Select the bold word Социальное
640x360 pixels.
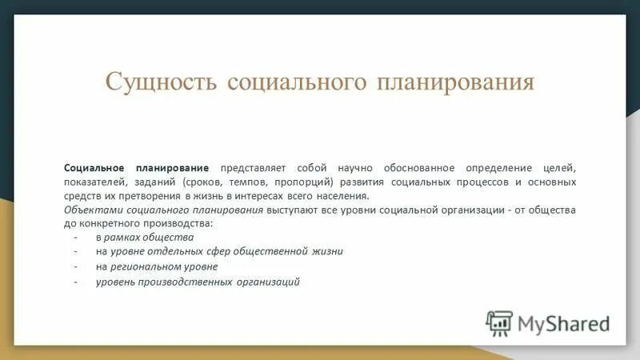coord(94,168)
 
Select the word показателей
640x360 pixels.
coord(93,182)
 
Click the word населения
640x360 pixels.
coord(342,195)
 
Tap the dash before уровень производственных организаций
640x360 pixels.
coord(74,282)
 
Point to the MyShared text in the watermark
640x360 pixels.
coord(563,322)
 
